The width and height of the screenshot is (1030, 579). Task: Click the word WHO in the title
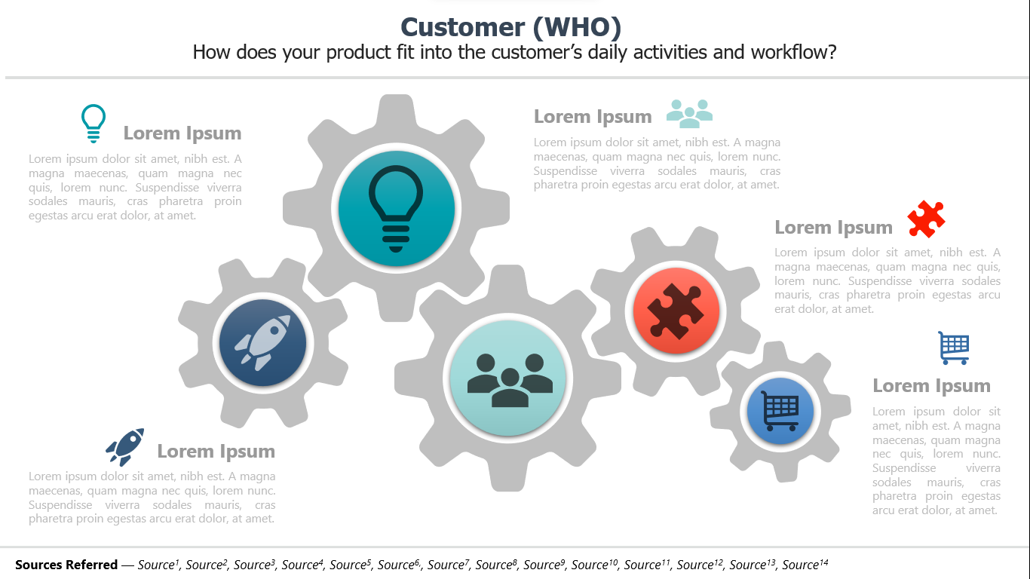coord(577,27)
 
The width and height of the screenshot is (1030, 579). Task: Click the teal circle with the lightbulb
coord(396,208)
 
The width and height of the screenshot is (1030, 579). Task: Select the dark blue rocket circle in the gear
coord(262,342)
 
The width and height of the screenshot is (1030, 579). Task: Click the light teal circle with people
coord(508,378)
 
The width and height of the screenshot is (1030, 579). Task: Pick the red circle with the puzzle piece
coord(676,311)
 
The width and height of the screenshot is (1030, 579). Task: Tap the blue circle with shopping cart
coord(780,411)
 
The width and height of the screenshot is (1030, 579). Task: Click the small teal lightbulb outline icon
coord(93,123)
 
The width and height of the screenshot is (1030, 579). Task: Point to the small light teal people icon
coord(689,114)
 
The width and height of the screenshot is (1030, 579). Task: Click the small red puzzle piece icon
coord(926,219)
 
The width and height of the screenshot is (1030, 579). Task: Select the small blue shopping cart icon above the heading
coord(954,348)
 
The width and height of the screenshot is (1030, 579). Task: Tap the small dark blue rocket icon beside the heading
coord(124,446)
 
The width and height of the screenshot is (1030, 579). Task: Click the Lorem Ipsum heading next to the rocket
coord(216,451)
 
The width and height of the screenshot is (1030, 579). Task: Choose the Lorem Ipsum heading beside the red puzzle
coord(833,227)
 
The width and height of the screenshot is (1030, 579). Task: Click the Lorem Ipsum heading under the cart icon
coord(931,386)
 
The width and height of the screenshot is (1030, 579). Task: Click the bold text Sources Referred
coord(66,564)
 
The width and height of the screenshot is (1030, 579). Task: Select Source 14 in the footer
coord(805,564)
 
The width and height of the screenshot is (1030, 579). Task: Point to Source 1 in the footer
coord(158,564)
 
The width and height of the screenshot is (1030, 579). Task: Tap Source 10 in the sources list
coord(594,564)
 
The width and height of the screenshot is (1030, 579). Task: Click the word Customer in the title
coord(462,27)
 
